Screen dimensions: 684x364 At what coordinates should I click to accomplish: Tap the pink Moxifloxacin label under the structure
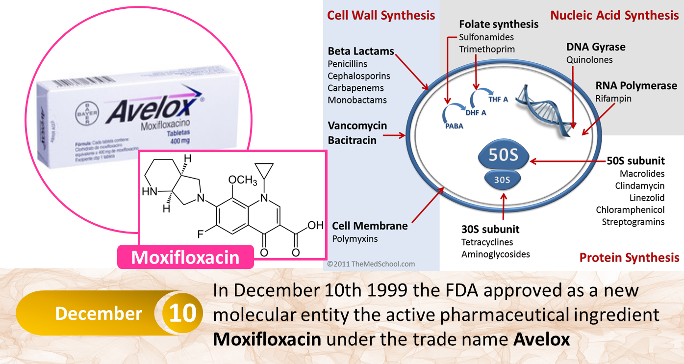(x=185, y=258)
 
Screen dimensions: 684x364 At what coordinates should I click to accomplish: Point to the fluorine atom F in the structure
(x=201, y=234)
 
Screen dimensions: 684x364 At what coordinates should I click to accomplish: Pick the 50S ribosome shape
(x=504, y=156)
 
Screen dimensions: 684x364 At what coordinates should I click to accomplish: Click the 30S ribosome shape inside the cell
(x=502, y=180)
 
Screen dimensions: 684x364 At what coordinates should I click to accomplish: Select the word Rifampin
(x=613, y=99)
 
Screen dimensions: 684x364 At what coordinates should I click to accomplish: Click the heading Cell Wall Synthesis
(x=381, y=15)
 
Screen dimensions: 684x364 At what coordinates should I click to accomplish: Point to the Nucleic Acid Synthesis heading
(x=614, y=15)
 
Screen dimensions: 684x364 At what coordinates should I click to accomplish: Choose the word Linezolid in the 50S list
(x=647, y=198)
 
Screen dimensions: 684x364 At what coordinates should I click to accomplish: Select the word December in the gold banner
(x=99, y=313)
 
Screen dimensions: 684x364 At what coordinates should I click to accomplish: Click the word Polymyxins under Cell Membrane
(x=355, y=239)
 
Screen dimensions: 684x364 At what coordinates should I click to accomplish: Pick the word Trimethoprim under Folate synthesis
(x=487, y=49)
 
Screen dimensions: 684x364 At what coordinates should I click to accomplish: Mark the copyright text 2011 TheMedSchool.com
(x=371, y=264)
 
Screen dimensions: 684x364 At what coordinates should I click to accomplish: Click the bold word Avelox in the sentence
(x=542, y=339)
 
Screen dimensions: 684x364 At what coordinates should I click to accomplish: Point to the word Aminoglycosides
(x=495, y=254)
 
